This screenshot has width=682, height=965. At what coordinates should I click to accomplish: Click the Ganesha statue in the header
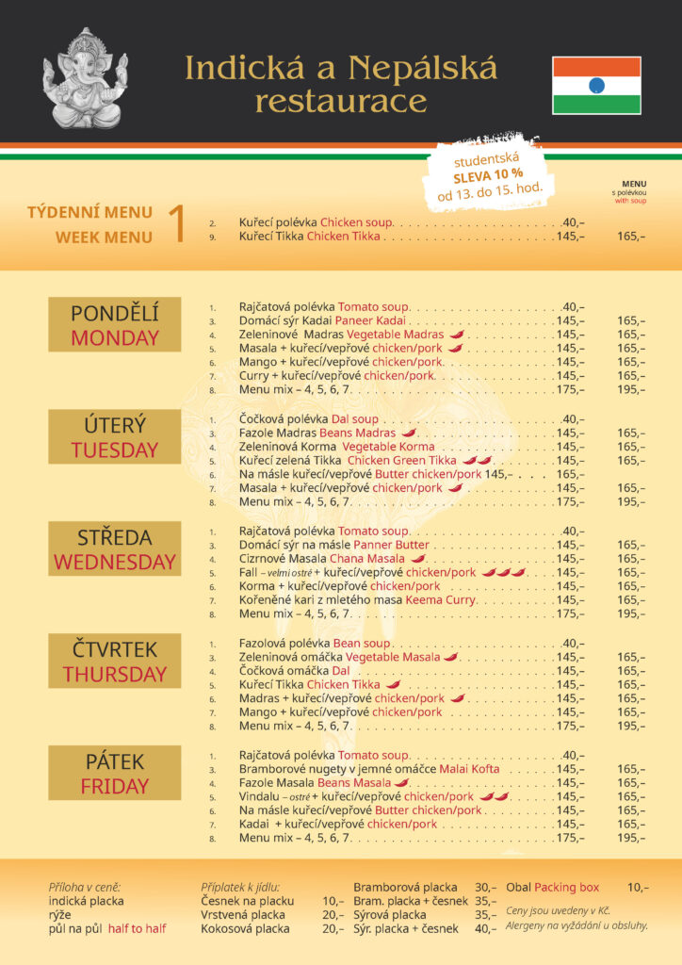point(85,79)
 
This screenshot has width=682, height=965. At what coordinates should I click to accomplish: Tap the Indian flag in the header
point(596,85)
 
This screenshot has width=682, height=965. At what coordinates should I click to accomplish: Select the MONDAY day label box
point(114,325)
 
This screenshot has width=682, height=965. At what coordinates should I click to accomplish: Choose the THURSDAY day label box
point(114,662)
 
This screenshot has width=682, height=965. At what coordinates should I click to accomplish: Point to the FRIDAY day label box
point(114,773)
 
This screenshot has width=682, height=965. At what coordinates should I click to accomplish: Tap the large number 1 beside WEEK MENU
point(176,224)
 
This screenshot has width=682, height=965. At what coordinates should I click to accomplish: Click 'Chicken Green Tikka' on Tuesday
point(408,460)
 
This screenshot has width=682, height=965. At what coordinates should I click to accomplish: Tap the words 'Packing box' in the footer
point(567,887)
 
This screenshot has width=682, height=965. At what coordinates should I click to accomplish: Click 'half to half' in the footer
point(137,928)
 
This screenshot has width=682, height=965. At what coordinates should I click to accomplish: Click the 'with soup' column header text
point(631,201)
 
